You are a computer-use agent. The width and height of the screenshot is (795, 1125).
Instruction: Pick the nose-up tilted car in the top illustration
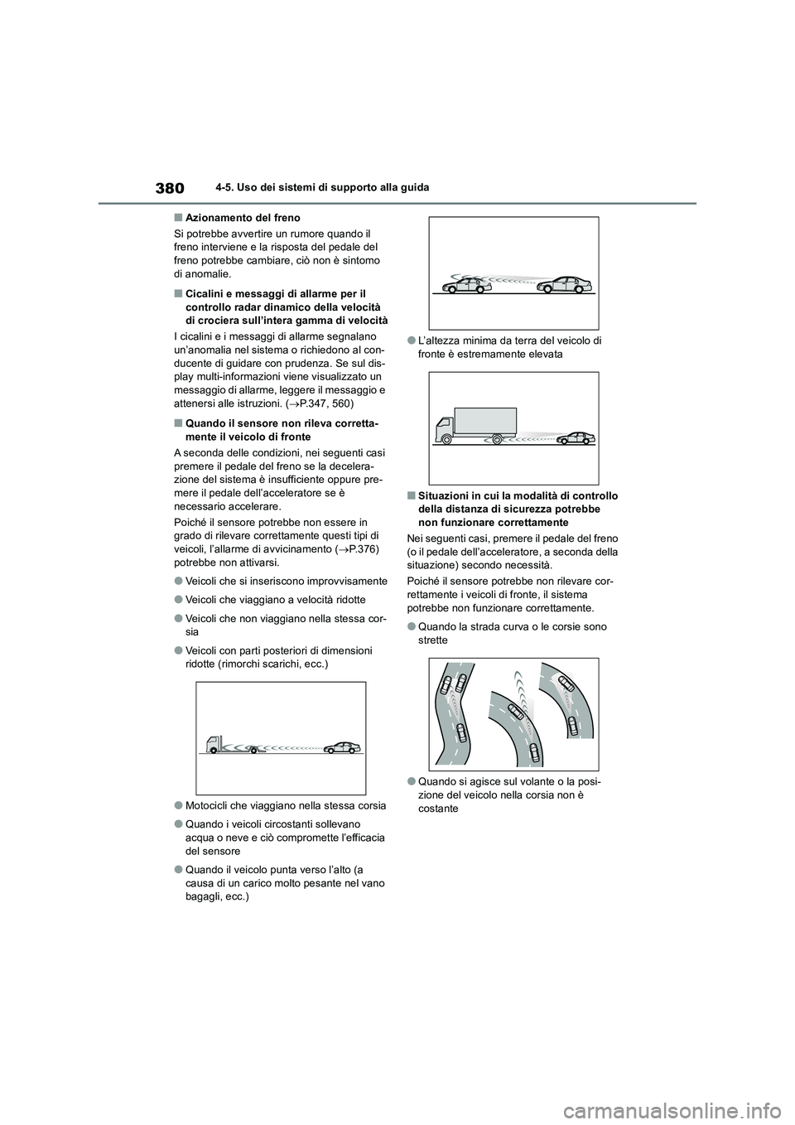tap(467, 285)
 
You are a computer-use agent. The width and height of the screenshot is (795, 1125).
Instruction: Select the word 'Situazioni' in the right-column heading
tap(446, 496)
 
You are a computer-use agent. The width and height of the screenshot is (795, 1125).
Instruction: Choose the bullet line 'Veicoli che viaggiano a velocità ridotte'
tap(275, 600)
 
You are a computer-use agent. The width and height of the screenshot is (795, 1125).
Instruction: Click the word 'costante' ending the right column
tap(439, 808)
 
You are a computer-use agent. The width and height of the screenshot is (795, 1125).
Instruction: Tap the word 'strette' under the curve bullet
tap(433, 640)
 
